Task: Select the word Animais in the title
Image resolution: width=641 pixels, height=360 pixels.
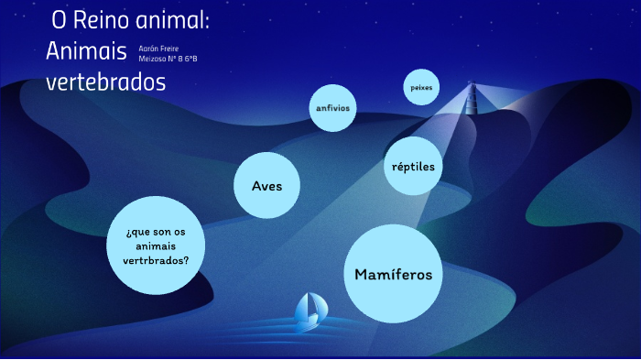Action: tap(86, 51)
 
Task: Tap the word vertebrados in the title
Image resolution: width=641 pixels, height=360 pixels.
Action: tap(105, 82)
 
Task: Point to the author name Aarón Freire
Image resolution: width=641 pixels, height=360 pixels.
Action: tap(159, 48)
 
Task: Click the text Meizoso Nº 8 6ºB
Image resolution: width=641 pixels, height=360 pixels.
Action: tap(168, 59)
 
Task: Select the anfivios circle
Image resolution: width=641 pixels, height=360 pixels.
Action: tap(332, 108)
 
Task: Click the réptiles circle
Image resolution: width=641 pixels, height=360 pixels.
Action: tap(413, 166)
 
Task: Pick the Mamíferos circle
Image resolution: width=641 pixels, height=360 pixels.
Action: tap(393, 274)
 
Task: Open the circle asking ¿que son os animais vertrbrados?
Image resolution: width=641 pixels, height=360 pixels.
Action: tap(156, 245)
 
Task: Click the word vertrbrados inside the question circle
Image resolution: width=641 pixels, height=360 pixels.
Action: tap(156, 259)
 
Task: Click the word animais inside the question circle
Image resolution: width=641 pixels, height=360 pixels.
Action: tap(156, 245)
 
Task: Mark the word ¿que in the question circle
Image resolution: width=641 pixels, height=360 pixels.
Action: tap(136, 232)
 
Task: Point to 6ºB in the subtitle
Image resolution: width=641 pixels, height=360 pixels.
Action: tap(190, 59)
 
